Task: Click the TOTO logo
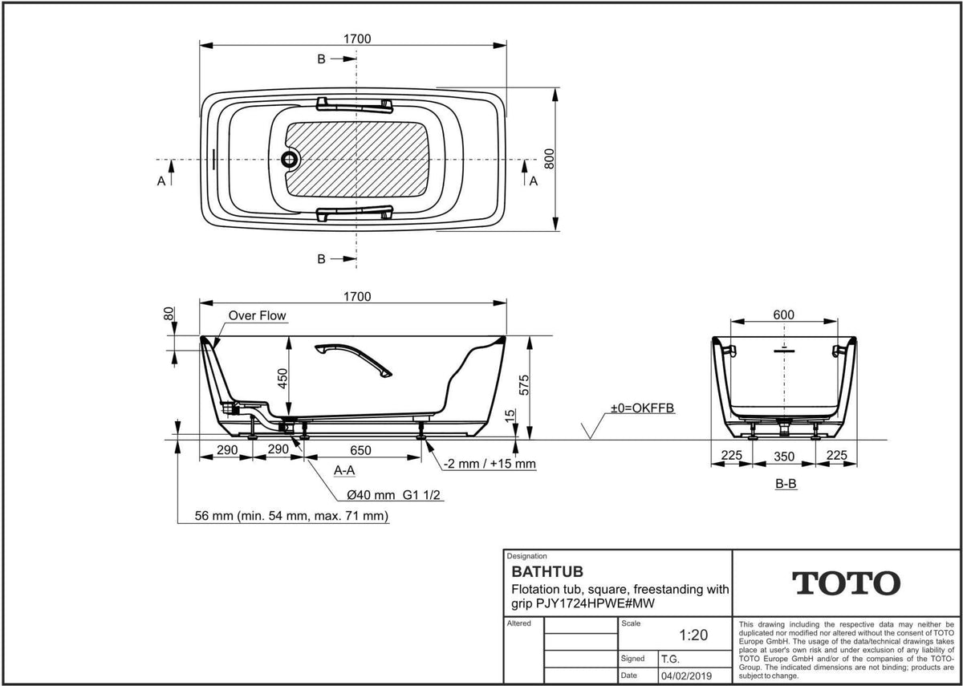point(846,583)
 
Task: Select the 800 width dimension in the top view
point(549,159)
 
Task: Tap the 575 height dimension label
point(524,385)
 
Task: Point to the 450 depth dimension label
point(282,379)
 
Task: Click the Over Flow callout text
point(257,315)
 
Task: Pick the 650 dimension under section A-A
point(360,450)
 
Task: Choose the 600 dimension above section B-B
point(784,315)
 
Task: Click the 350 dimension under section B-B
point(784,457)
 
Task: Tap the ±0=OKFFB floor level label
point(643,408)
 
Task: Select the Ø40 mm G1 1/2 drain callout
point(393,495)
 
